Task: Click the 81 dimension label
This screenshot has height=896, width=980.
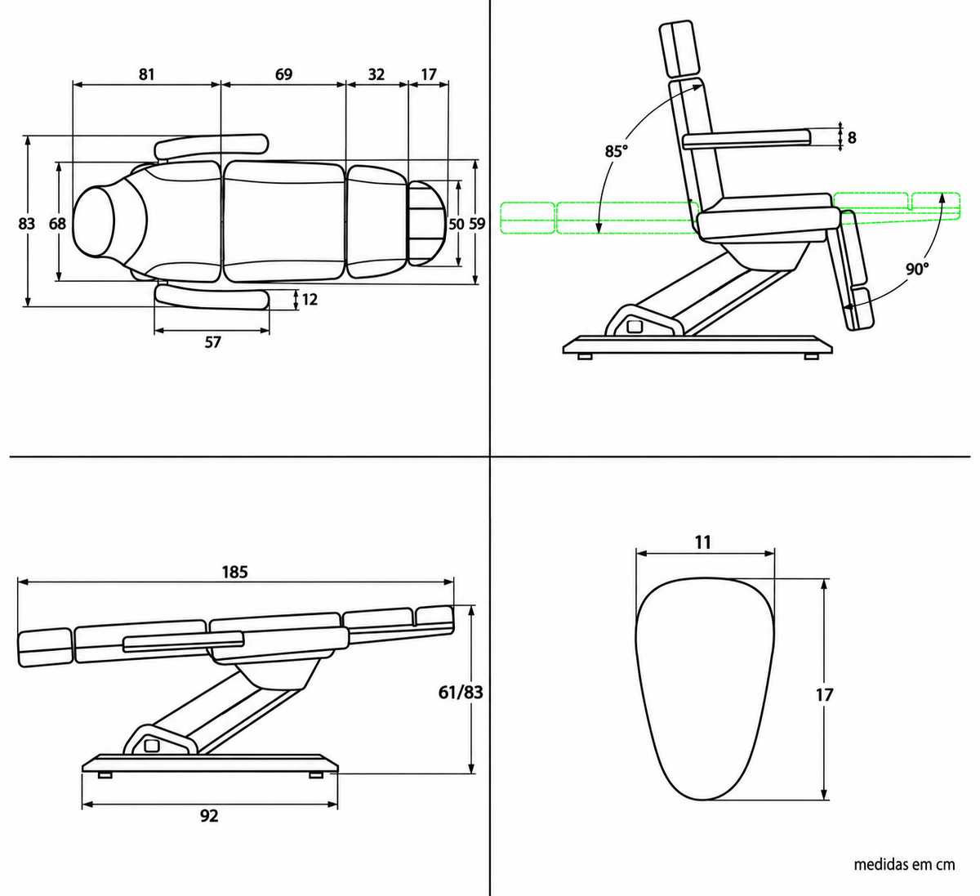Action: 146,74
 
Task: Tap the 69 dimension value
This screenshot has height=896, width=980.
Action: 283,74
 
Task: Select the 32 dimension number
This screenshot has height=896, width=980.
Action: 376,74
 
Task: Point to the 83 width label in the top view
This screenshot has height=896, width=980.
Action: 26,224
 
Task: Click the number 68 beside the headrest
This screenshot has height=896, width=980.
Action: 57,224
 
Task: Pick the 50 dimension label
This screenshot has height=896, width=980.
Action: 457,224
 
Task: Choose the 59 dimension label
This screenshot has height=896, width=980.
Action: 477,224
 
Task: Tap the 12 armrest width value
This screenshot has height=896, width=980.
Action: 310,299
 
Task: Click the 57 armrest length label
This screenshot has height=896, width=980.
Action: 212,342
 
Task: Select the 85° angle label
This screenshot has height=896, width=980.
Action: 616,152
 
